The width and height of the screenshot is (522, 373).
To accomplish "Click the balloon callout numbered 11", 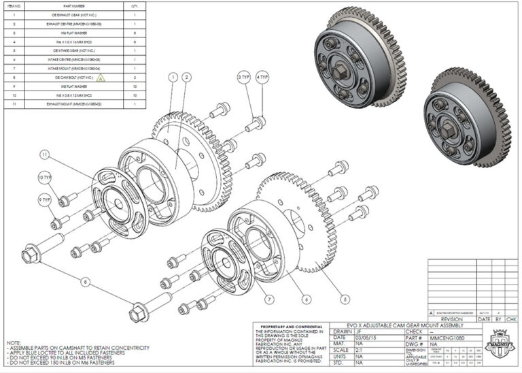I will click(44, 155).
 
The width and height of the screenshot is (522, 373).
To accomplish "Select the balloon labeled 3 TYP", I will click(243, 78).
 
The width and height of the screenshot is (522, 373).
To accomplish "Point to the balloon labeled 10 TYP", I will click(44, 178).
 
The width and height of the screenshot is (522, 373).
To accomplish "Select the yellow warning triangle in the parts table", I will click(101, 78).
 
